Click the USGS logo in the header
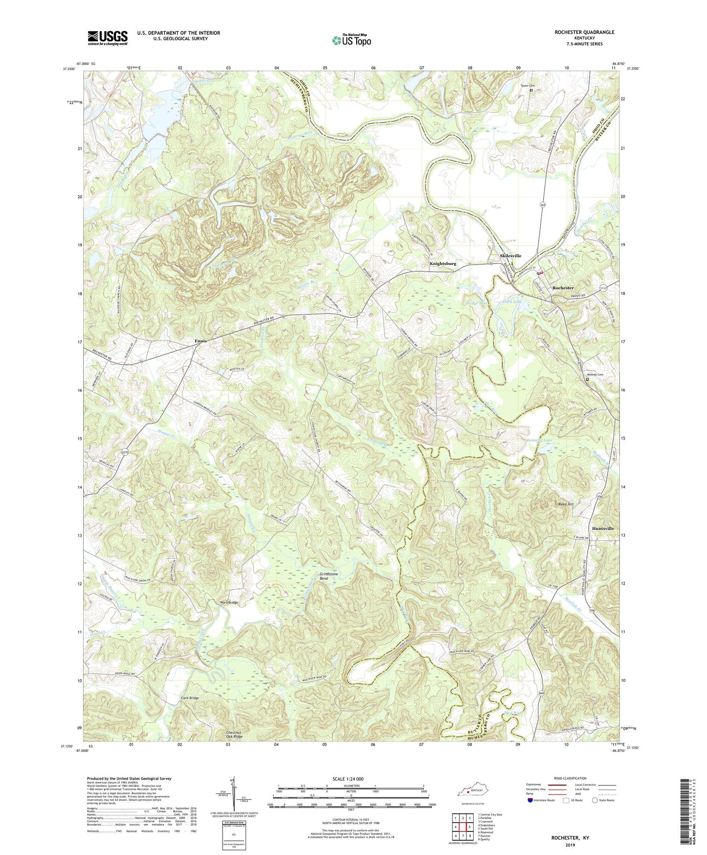click(x=108, y=37)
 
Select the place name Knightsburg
click(x=443, y=263)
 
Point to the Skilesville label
click(x=510, y=256)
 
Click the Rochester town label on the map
click(x=563, y=288)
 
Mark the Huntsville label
click(x=602, y=528)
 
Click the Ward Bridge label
click(x=229, y=602)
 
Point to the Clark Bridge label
click(x=190, y=698)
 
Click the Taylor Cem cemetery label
click(x=527, y=86)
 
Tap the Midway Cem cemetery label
click(x=595, y=375)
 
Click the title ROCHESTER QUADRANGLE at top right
click(x=584, y=32)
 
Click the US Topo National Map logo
click(x=351, y=40)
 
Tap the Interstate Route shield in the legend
click(x=531, y=800)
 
